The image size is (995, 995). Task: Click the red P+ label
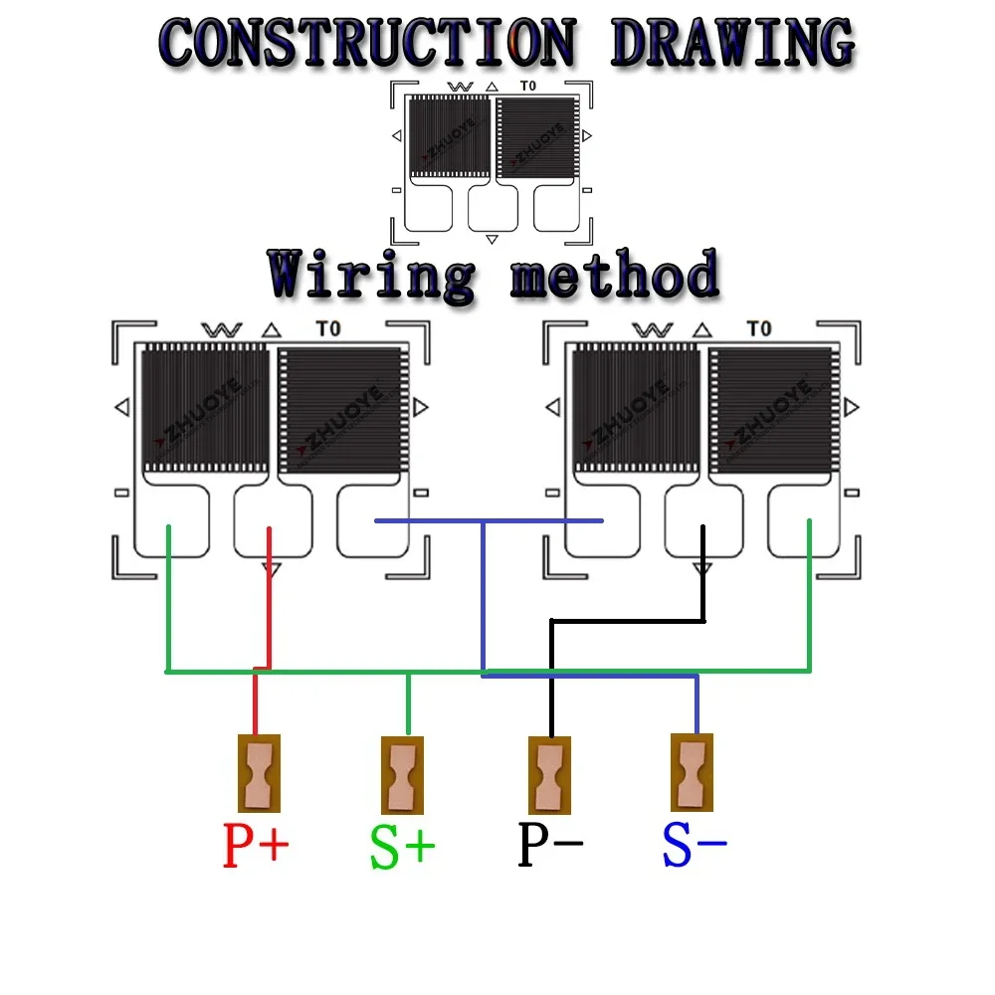click(256, 847)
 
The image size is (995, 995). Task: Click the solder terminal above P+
click(259, 773)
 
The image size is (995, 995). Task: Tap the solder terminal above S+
click(403, 774)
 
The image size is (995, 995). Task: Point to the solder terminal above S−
click(692, 772)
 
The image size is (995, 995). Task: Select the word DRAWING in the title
click(731, 43)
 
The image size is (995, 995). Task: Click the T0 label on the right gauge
click(758, 329)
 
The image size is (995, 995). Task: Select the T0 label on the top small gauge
click(527, 87)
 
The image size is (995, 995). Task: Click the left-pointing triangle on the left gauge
click(122, 407)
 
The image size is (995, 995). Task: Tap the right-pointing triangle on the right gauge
click(852, 407)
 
